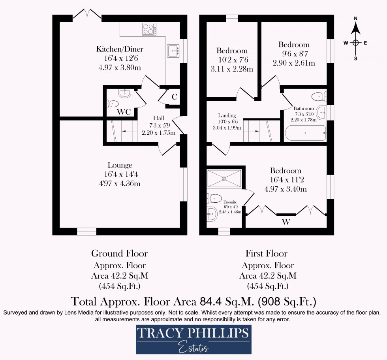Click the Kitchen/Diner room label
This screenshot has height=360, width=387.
(x=120, y=49)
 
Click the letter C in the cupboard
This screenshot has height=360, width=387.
(x=174, y=97)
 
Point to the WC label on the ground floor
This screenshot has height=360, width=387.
(x=124, y=112)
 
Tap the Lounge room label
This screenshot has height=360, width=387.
(x=120, y=165)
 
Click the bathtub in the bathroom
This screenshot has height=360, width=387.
(x=305, y=133)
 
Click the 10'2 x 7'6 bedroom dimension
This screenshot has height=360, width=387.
(x=232, y=60)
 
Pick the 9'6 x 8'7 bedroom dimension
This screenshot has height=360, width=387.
(x=293, y=54)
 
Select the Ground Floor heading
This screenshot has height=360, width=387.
(x=119, y=253)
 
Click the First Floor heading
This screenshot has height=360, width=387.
(x=267, y=253)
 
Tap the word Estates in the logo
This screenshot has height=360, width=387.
(x=193, y=348)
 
